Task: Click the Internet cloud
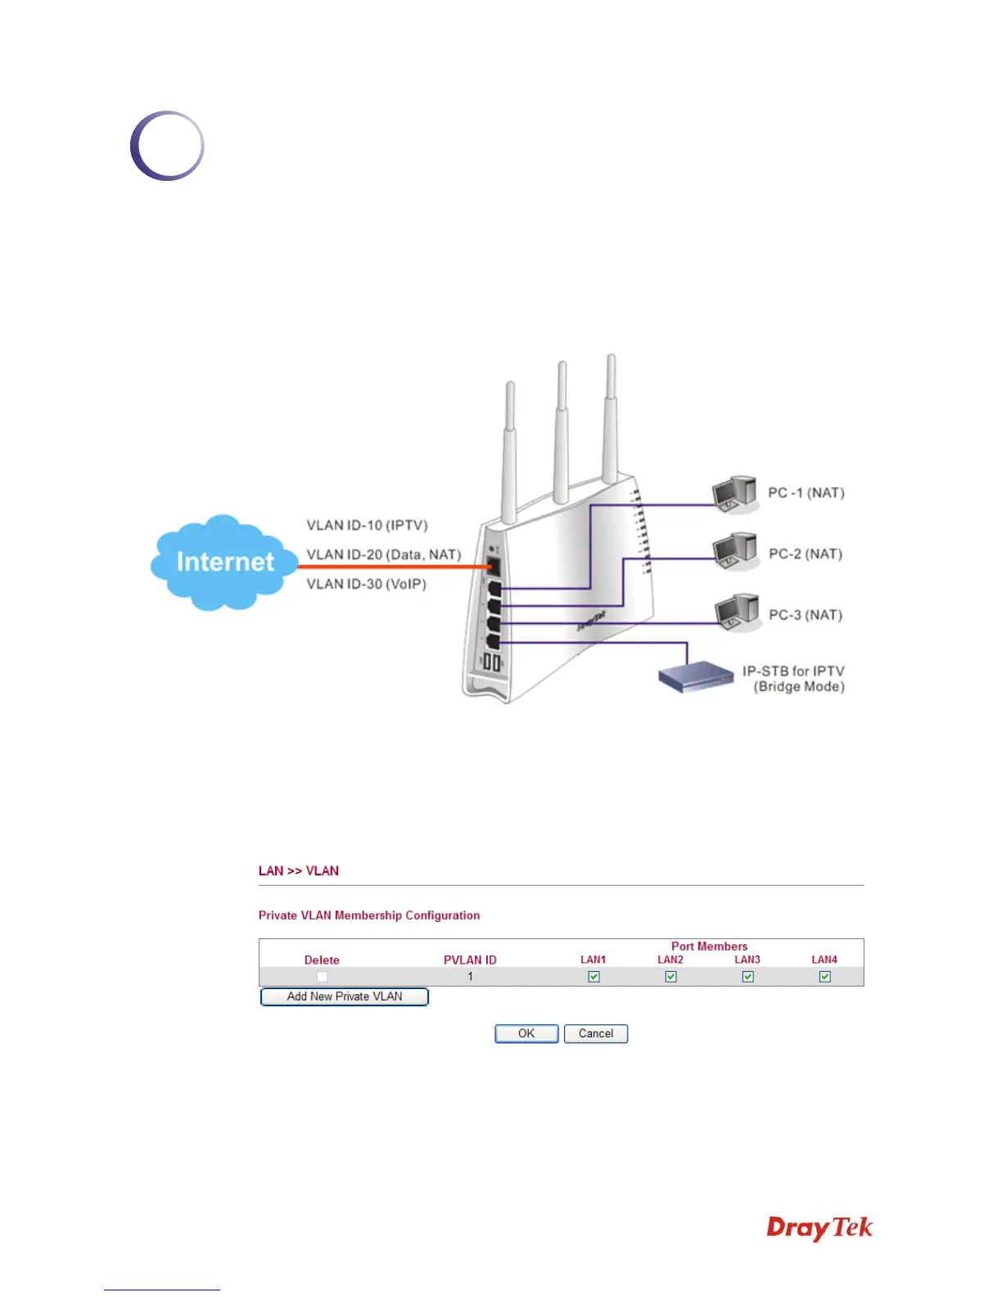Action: (223, 563)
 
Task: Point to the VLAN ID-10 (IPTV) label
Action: (367, 525)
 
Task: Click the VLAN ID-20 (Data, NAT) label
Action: (383, 554)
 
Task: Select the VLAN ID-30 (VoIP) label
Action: (366, 584)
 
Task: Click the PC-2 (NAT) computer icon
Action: (735, 552)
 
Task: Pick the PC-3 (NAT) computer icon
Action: (736, 612)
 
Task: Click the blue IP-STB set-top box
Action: (696, 677)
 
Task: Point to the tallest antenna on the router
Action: (611, 418)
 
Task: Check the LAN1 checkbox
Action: (594, 976)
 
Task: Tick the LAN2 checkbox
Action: (670, 976)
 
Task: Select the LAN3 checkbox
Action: (747, 976)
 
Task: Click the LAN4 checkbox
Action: (824, 976)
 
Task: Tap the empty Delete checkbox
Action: (322, 976)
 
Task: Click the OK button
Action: (526, 1033)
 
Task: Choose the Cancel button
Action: (596, 1033)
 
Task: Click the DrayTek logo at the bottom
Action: (819, 1229)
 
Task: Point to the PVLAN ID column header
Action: (470, 960)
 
